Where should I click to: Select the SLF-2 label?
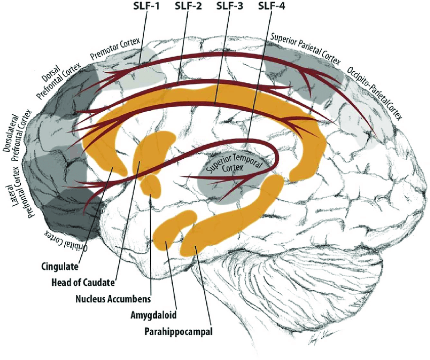(x=188, y=7)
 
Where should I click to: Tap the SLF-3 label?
(x=229, y=7)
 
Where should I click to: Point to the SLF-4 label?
(x=271, y=7)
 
